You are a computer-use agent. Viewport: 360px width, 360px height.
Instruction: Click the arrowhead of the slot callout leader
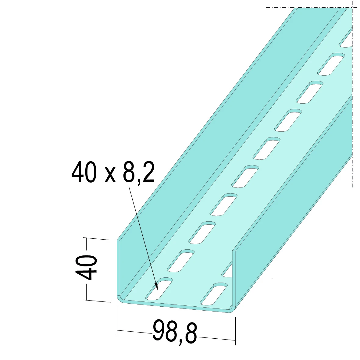[157, 287]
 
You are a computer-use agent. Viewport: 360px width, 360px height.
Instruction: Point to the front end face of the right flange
[234, 277]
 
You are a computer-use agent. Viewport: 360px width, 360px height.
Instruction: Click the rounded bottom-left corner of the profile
[120, 298]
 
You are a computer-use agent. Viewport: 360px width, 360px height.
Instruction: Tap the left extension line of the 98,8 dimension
[117, 320]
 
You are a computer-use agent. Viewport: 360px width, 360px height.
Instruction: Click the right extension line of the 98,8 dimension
[235, 331]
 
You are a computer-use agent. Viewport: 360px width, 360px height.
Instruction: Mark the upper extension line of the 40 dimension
[96, 239]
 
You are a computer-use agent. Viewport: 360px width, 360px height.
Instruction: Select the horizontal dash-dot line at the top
[308, 7]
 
